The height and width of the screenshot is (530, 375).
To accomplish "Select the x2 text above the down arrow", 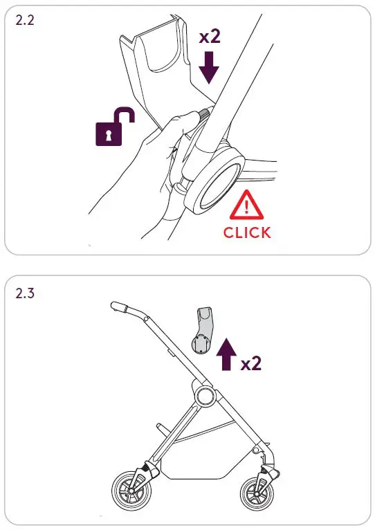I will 210,37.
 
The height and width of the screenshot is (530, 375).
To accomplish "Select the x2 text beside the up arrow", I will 251,363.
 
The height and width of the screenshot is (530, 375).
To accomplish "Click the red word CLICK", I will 247,232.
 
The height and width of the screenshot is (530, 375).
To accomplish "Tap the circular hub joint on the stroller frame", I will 204,398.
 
